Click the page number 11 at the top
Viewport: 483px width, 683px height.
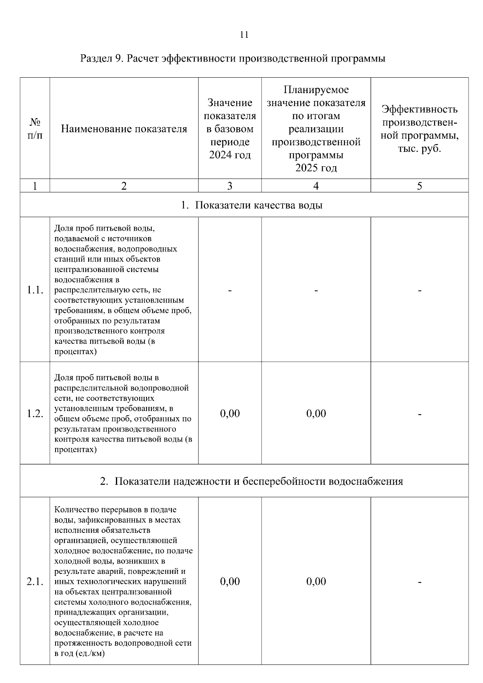pyautogui.click(x=244, y=35)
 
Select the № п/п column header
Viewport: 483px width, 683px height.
pyautogui.click(x=35, y=129)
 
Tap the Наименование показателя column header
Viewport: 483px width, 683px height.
pyautogui.click(x=124, y=129)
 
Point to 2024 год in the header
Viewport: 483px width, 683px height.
pyautogui.click(x=230, y=155)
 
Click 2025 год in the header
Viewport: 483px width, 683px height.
pyautogui.click(x=316, y=168)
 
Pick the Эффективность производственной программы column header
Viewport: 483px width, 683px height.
pyautogui.click(x=419, y=129)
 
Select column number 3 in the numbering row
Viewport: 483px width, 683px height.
pyautogui.click(x=230, y=186)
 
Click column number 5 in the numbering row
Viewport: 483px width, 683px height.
pyautogui.click(x=419, y=186)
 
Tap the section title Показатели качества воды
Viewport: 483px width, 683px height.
pyautogui.click(x=252, y=205)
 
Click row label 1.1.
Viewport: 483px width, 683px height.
pyautogui.click(x=35, y=290)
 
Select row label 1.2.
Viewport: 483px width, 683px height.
pyautogui.click(x=35, y=413)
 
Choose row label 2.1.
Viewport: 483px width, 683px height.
pyautogui.click(x=35, y=581)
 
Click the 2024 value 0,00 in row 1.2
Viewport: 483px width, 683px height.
pyautogui.click(x=230, y=413)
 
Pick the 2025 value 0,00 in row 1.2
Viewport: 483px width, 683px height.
pyautogui.click(x=316, y=413)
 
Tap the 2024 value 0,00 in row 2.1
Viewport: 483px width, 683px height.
pyautogui.click(x=230, y=581)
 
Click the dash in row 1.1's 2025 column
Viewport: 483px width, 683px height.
pyautogui.click(x=316, y=290)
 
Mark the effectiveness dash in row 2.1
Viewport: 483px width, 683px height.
pyautogui.click(x=419, y=582)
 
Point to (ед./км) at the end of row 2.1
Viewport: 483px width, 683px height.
pyautogui.click(x=89, y=654)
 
